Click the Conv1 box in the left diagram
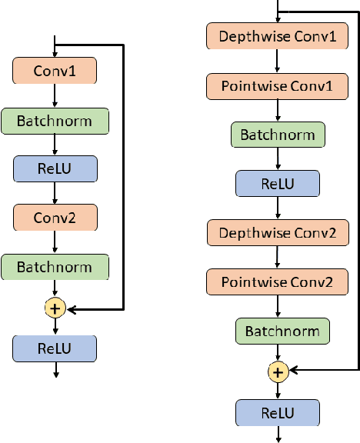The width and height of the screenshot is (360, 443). click(x=55, y=72)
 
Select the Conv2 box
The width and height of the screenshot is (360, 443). click(x=55, y=218)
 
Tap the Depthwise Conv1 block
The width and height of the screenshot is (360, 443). click(x=278, y=36)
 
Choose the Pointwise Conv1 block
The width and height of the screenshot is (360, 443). click(x=278, y=85)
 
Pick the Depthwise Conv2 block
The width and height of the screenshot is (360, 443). click(x=278, y=232)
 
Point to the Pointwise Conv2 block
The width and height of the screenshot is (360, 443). click(x=278, y=282)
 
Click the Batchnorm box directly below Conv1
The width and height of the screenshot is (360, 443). click(x=55, y=120)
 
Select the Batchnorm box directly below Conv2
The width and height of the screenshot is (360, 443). click(x=55, y=267)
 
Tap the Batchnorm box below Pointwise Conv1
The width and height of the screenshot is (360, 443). click(x=278, y=135)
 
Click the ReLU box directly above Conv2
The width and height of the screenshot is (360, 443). click(x=55, y=168)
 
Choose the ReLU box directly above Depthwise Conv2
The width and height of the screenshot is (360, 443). click(x=278, y=184)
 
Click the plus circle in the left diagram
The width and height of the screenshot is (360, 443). click(x=55, y=309)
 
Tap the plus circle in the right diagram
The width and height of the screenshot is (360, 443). click(x=278, y=372)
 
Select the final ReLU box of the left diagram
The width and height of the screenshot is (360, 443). click(x=55, y=348)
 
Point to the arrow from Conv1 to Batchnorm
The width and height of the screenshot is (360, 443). click(x=55, y=96)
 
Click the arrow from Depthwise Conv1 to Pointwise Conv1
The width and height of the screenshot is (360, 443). click(x=278, y=61)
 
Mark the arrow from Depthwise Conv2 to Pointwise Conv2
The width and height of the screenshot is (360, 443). click(x=278, y=258)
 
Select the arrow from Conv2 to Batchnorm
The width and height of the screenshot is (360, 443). click(x=55, y=242)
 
